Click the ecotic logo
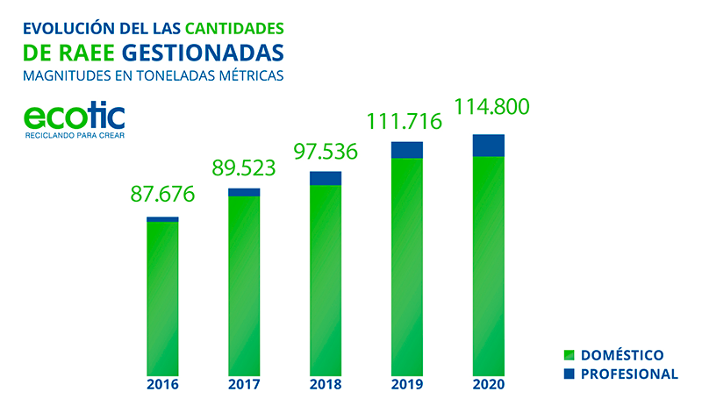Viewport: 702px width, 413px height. (74, 117)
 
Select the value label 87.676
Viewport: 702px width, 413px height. (162, 194)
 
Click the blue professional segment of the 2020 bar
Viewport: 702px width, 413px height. (489, 146)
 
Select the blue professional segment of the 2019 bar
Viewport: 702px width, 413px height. (406, 149)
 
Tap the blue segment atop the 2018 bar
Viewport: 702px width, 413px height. (326, 178)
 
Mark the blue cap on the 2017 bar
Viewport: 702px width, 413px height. (244, 192)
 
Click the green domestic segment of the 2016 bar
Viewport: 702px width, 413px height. (162, 298)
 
